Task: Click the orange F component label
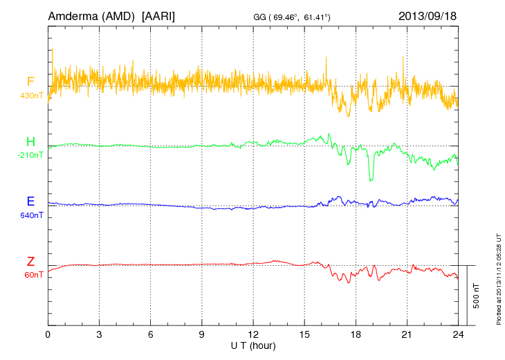(x=30, y=82)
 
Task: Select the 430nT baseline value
(x=31, y=95)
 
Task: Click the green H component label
(x=30, y=143)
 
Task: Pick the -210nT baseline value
(x=30, y=155)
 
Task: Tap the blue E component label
(x=30, y=202)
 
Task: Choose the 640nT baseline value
(x=31, y=215)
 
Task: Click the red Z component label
(x=30, y=262)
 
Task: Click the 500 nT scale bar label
(x=477, y=295)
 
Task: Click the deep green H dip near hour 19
(x=371, y=179)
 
